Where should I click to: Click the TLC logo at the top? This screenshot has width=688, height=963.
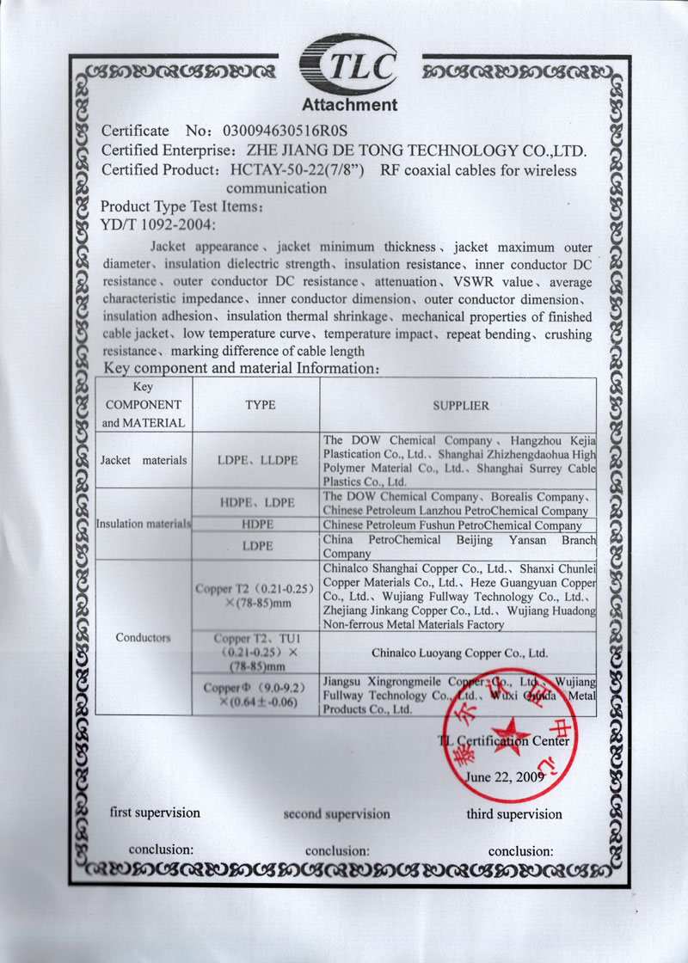coord(348,63)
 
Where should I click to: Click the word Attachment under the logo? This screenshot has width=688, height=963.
coord(349,106)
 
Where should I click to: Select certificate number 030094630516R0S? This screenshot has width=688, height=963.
coord(284,132)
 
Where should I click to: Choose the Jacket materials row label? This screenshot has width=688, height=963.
coord(143,460)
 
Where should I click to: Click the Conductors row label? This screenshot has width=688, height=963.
coord(143,637)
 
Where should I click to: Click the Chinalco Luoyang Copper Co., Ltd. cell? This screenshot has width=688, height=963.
coord(459,653)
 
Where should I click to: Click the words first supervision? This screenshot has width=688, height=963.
coord(155,813)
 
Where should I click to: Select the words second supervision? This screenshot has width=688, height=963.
coord(336,813)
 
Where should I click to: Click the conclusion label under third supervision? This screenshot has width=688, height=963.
coord(519,851)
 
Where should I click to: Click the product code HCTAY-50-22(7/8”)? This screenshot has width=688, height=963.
coord(298,170)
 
